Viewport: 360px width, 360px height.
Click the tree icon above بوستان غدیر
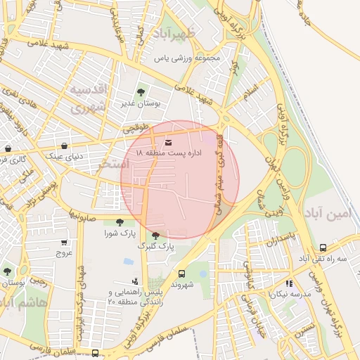point(141,91)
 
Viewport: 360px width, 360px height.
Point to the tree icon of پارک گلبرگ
point(155,236)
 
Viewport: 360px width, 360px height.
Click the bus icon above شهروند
point(181,274)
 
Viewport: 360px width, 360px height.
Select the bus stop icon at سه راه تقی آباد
point(323,247)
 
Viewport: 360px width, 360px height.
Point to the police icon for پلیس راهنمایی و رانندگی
point(135,281)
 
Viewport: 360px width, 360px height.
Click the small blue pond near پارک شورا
point(129,261)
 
